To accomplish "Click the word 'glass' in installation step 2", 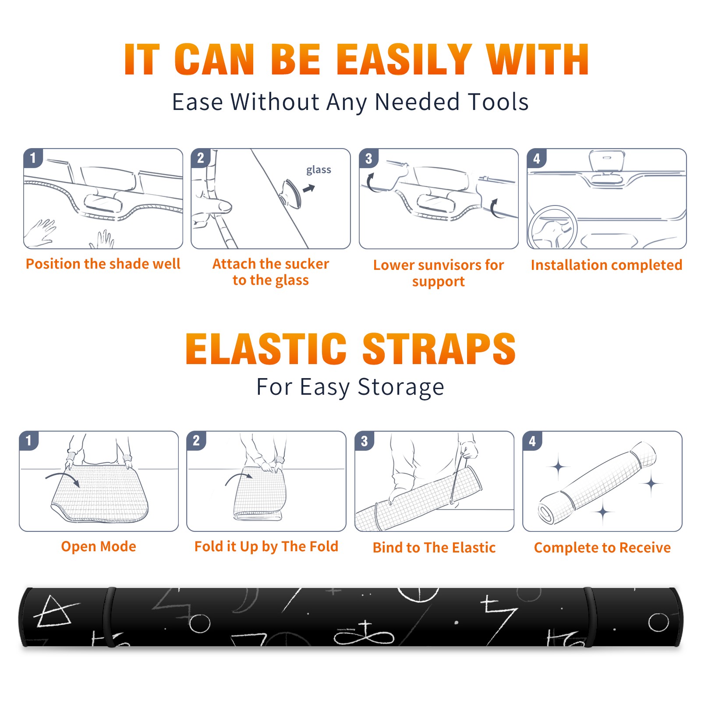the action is tap(319, 170).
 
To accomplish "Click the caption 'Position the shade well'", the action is tap(103, 264).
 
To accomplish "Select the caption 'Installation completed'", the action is tap(606, 265).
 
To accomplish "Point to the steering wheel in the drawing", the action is tap(552, 227).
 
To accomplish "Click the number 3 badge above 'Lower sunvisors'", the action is tap(368, 159).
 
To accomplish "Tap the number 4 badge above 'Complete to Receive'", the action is tap(532, 441).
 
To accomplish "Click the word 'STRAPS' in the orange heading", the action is tap(439, 349).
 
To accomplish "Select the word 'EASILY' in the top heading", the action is tap(404, 60).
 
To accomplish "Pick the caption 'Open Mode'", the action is tap(99, 546).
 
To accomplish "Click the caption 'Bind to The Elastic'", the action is tap(434, 548).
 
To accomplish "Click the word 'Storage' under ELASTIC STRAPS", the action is tap(401, 387).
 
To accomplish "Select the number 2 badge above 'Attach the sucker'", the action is tap(201, 159).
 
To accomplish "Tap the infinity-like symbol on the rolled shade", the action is tap(365, 634).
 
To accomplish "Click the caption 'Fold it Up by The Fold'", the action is tap(266, 546).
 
